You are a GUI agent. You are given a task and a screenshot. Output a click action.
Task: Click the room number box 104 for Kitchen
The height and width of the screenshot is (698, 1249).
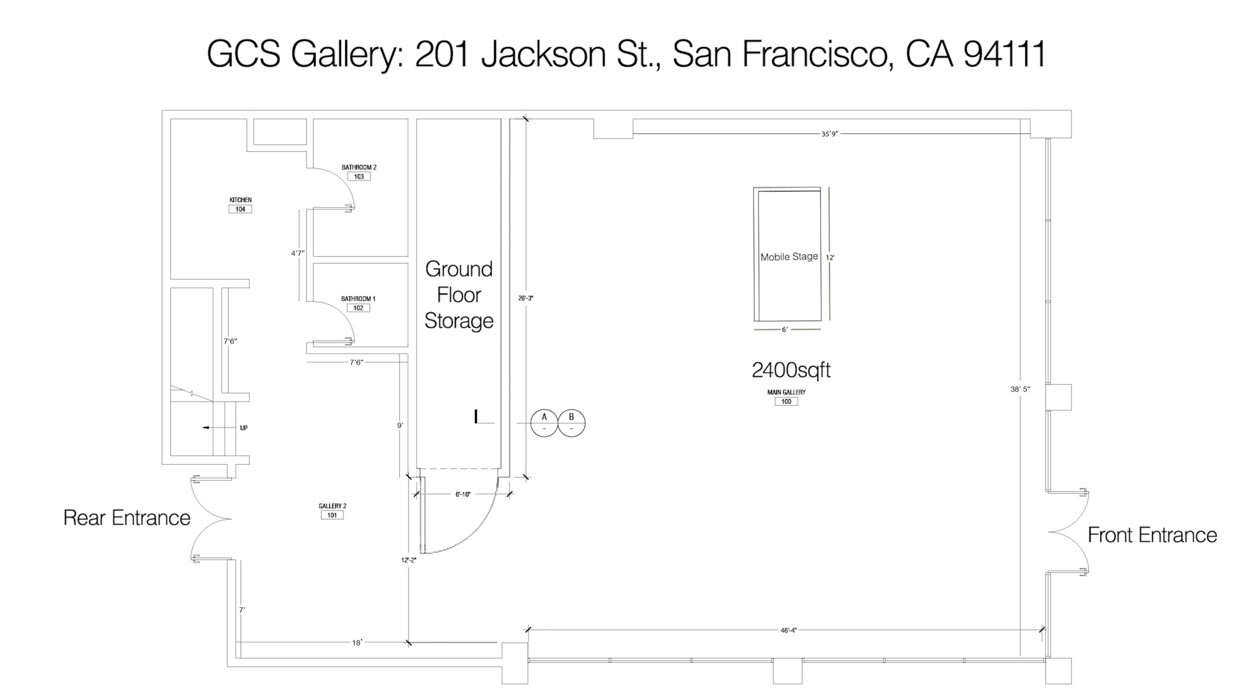click(x=240, y=209)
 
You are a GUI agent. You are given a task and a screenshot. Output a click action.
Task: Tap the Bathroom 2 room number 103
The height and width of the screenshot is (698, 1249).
click(x=359, y=176)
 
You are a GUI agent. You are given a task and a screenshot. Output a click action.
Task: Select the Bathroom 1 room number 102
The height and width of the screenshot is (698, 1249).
click(x=358, y=308)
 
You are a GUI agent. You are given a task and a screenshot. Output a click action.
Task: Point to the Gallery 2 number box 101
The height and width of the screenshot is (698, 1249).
click(x=332, y=515)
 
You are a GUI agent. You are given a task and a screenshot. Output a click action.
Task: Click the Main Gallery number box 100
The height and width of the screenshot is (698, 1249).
click(x=786, y=401)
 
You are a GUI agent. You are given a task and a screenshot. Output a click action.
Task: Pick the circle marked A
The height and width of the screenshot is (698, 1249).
click(x=544, y=423)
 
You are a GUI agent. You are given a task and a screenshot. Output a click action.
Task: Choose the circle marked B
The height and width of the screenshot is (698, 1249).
click(x=571, y=423)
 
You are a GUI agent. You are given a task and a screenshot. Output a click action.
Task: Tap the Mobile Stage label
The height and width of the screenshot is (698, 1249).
click(x=789, y=257)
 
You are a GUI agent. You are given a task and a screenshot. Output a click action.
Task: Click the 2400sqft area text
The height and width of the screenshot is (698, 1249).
click(x=791, y=370)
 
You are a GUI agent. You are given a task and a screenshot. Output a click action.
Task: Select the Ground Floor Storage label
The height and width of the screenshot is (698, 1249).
click(x=459, y=295)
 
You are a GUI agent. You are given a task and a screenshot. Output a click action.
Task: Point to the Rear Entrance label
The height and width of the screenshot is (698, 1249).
click(x=127, y=518)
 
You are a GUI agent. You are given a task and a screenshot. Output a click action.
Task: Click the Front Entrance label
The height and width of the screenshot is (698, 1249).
click(x=1152, y=535)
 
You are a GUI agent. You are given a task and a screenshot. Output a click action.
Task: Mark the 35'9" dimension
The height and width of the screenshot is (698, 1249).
click(x=829, y=134)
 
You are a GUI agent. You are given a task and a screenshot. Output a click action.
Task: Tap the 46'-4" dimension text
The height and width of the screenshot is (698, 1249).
click(x=788, y=630)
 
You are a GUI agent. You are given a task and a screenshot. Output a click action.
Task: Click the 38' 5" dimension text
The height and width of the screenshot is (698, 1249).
click(x=1020, y=389)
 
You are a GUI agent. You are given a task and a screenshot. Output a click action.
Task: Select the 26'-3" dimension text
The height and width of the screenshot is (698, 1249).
click(x=525, y=298)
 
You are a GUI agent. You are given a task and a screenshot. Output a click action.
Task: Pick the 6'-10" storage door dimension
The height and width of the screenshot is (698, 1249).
click(x=463, y=494)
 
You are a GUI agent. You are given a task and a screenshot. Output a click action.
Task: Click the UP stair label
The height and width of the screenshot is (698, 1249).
click(x=243, y=428)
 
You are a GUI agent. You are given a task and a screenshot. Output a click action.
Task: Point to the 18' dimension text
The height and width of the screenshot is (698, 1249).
click(x=357, y=643)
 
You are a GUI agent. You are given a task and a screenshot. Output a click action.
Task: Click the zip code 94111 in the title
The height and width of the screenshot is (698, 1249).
click(x=1005, y=53)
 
